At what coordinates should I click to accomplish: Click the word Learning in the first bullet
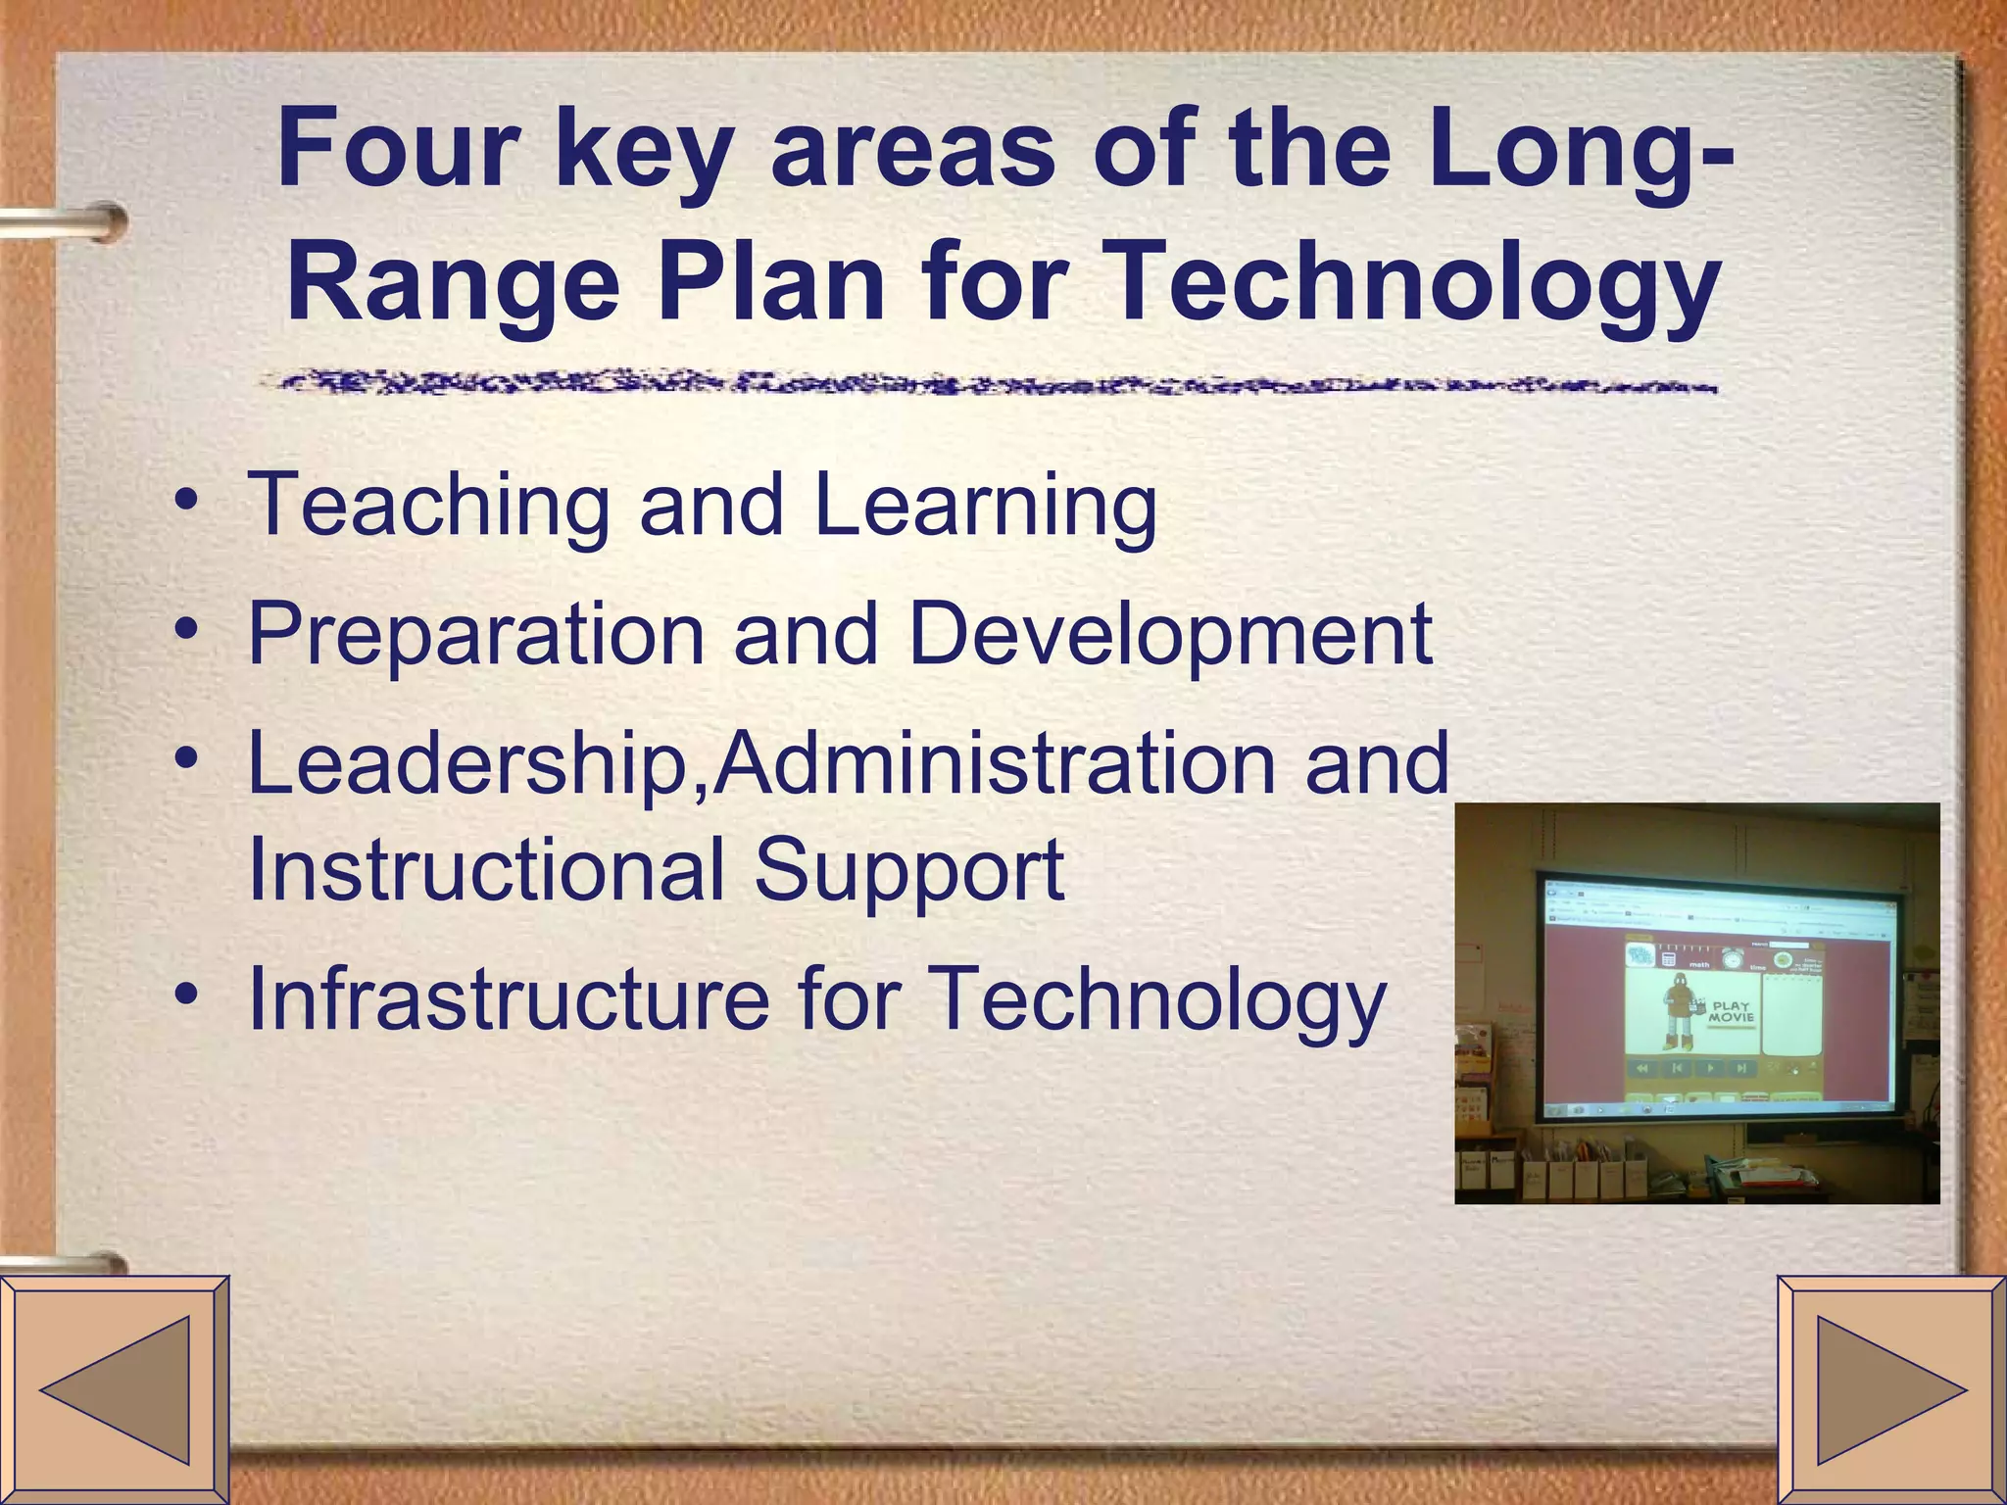(985, 508)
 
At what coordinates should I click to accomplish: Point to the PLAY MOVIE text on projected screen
(1731, 1011)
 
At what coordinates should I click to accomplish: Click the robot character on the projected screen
(1679, 1009)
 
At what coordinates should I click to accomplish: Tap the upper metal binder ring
(69, 221)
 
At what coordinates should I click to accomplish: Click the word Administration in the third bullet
(994, 764)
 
